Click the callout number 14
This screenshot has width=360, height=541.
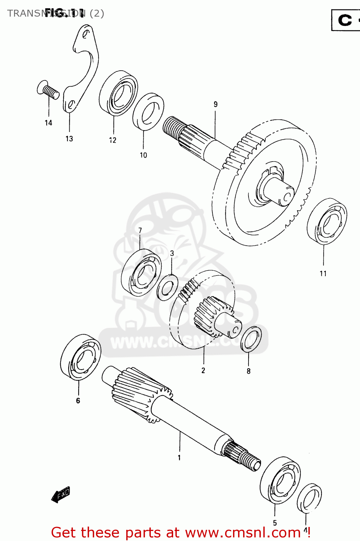pos(48,123)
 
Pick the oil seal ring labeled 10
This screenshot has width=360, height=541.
pos(148,112)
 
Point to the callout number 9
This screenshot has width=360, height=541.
pos(215,104)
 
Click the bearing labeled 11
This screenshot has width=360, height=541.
pos(327,221)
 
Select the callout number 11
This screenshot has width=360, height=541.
pos(323,274)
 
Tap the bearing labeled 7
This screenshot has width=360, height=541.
pos(141,272)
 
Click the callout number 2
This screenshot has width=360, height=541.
pos(203,370)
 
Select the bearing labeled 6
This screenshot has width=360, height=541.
pos(80,357)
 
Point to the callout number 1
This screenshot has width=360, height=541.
pos(179,458)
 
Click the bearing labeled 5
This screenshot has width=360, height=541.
pos(280,480)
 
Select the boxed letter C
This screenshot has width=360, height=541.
pos(345,20)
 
